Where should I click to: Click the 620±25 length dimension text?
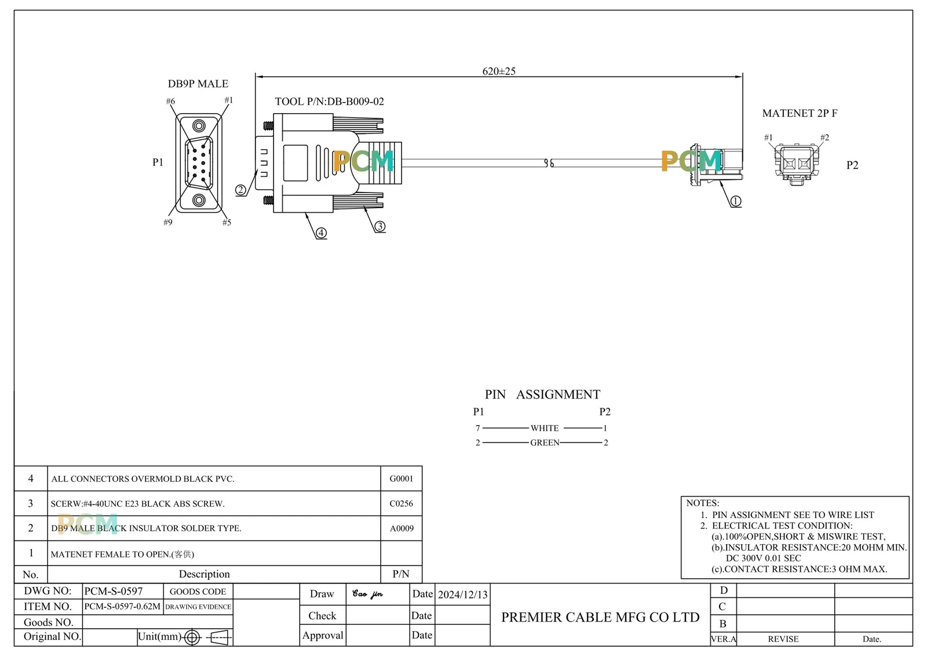[499, 71]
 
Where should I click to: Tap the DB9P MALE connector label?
[198, 84]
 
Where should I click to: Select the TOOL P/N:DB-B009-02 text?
[330, 102]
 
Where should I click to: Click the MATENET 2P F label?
[800, 113]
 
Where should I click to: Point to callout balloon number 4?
[321, 233]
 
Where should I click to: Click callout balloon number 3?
[380, 226]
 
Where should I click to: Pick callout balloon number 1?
[735, 201]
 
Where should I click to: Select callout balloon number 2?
[240, 190]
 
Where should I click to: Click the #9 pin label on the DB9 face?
[167, 223]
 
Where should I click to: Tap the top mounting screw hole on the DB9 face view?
[199, 125]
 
